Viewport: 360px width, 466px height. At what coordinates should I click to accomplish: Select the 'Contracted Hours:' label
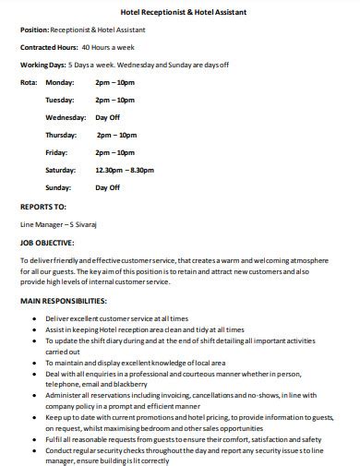point(48,47)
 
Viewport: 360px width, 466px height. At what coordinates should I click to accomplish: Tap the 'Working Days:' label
point(42,65)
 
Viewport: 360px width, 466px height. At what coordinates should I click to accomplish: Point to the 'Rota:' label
point(29,82)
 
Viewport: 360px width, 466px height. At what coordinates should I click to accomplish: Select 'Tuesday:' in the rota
point(60,100)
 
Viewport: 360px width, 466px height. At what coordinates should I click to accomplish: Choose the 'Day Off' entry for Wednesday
point(108,117)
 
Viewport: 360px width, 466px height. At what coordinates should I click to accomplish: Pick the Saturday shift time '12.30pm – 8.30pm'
point(125,170)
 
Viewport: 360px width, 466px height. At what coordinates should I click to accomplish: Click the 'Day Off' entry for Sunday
point(108,187)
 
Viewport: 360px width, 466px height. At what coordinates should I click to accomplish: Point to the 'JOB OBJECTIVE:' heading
point(47,244)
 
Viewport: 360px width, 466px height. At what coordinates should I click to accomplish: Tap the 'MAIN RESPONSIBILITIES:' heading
point(63,302)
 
